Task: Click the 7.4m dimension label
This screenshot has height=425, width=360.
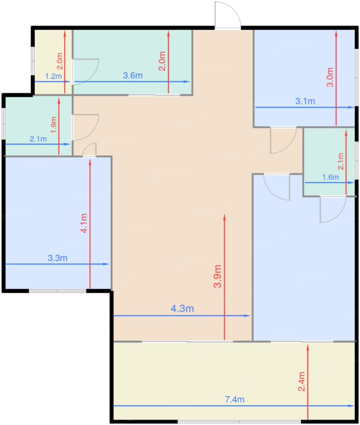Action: point(234,399)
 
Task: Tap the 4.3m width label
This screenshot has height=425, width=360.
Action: point(182,309)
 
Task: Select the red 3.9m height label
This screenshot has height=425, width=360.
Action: point(217,276)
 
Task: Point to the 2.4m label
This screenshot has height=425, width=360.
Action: point(301,381)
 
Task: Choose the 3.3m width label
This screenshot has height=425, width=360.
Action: point(58,258)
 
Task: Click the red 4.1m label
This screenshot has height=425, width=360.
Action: point(84,223)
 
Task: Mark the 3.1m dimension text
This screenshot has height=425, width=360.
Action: point(305,101)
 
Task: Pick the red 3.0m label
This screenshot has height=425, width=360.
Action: point(330,77)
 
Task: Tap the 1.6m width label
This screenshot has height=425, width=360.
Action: point(330,177)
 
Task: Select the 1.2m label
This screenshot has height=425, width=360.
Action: point(53,76)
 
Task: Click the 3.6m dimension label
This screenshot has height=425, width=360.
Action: point(133,76)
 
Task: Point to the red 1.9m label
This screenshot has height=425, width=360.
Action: point(54,125)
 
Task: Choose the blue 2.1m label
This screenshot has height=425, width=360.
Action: point(38,139)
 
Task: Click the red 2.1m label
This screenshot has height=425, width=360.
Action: point(341,161)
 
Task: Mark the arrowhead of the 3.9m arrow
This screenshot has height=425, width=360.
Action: point(224,217)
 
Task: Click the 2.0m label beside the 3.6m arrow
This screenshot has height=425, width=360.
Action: point(162,61)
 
